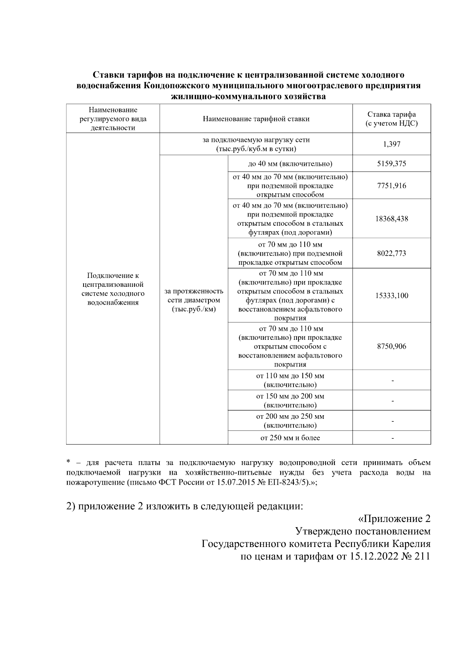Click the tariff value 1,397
click(392, 144)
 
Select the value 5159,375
click(392, 164)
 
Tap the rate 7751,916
click(392, 186)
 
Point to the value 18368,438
click(392, 219)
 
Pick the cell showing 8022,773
click(392, 254)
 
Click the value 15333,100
click(392, 296)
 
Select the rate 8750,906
click(392, 346)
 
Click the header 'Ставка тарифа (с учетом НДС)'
click(392, 119)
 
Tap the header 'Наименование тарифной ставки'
click(256, 119)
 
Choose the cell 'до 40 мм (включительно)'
click(290, 164)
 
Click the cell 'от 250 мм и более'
click(290, 438)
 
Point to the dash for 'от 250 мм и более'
click(392, 438)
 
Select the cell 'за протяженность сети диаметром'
click(194, 300)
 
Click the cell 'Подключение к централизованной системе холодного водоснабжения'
click(113, 289)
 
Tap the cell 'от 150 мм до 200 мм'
click(290, 400)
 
